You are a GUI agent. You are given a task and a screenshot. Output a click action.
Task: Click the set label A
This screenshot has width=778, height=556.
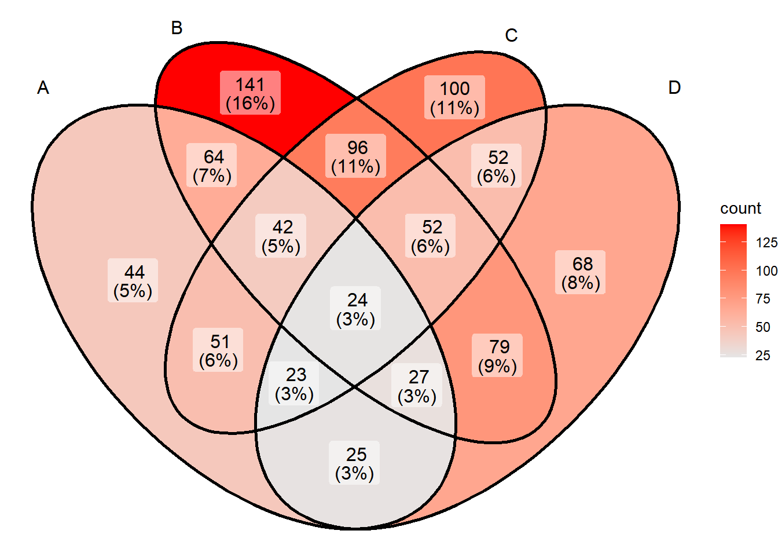point(43,87)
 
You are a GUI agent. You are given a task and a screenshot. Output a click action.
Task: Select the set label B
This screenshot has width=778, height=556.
point(177,28)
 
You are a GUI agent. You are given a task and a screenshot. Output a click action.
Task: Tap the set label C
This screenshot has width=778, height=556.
point(511,35)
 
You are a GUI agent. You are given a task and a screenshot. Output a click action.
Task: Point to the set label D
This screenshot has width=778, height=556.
point(674,87)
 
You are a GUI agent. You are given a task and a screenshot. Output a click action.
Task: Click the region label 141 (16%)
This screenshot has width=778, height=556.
point(251,93)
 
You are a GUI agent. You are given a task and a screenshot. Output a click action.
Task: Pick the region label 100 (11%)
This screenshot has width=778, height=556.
point(454,97)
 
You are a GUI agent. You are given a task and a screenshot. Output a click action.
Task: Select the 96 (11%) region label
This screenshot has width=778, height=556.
point(355,156)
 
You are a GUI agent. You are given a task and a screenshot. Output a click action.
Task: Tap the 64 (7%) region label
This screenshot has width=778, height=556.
point(211,165)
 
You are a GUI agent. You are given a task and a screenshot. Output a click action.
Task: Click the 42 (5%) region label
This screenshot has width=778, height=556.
point(281,236)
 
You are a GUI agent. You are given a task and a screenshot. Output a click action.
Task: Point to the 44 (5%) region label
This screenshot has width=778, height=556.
point(133,280)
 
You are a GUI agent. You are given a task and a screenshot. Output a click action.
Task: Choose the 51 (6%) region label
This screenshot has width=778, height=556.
point(218,350)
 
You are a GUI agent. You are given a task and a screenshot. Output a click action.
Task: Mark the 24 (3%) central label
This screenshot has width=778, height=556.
point(355,308)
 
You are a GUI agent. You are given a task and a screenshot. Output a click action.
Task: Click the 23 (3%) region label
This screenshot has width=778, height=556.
point(294,383)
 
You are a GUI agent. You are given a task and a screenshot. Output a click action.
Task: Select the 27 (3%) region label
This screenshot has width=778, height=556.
point(417,385)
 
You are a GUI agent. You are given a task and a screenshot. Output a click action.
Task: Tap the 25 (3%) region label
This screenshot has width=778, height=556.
point(354,463)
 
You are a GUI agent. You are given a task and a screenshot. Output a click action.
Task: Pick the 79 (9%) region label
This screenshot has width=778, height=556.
point(497,355)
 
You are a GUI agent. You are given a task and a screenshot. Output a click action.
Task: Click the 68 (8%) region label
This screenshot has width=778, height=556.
point(581,272)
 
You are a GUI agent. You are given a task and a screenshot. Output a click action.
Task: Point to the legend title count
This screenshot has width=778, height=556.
point(740,209)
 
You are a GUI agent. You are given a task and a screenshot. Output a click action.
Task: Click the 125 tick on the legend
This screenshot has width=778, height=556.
point(766,243)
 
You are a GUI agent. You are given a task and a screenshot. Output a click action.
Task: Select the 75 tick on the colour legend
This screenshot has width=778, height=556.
point(763,299)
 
